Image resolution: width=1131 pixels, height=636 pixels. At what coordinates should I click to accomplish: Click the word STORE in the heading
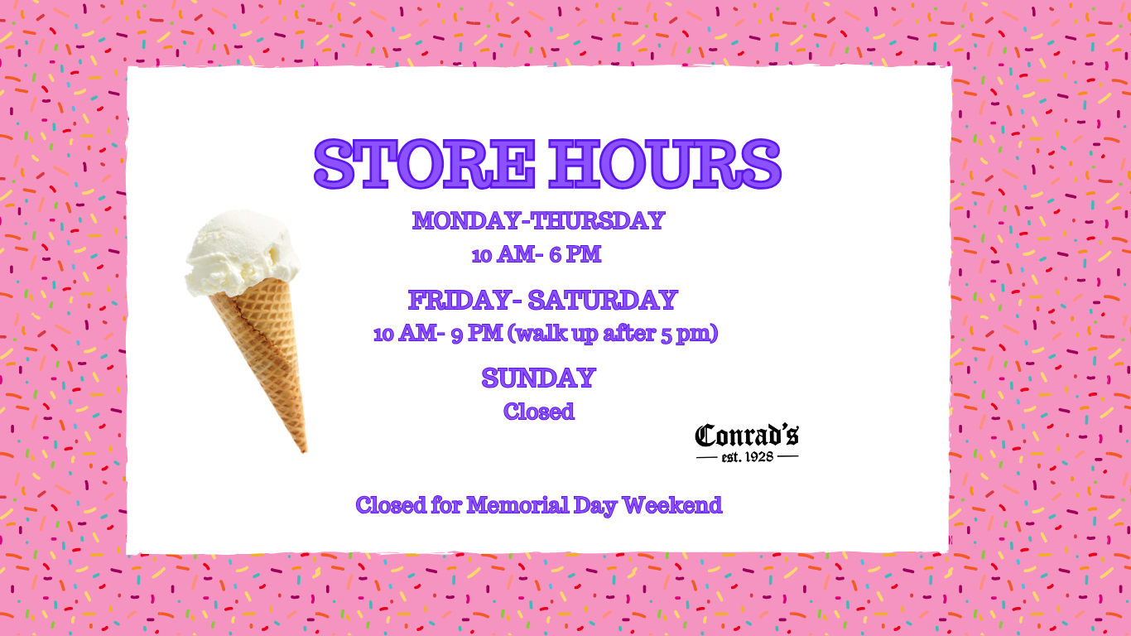(425, 164)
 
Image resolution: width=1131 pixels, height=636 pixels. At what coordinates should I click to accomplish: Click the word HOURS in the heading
(666, 164)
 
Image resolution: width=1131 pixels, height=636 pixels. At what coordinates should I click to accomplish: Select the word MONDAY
(466, 221)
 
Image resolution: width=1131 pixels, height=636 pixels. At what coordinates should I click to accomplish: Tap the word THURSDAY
(598, 221)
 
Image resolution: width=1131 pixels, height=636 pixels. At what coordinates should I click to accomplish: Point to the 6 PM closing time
(575, 254)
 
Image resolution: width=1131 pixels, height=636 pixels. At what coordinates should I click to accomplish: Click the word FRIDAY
(460, 300)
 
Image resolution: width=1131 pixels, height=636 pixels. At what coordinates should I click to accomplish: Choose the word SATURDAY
(603, 300)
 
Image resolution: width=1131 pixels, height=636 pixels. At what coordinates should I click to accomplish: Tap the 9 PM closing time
(477, 334)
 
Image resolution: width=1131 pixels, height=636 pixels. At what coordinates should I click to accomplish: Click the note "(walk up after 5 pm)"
(613, 334)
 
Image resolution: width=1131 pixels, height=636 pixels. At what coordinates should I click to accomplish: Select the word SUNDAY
(539, 378)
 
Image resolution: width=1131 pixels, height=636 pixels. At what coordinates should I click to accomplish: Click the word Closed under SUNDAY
(539, 412)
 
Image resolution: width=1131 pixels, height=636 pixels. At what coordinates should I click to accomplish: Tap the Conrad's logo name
(747, 436)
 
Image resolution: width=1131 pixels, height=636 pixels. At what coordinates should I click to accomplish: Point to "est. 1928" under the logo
(748, 456)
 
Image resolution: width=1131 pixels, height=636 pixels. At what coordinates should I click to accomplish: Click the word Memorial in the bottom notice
(517, 504)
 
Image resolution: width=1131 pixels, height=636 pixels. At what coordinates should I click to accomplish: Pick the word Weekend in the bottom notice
(672, 504)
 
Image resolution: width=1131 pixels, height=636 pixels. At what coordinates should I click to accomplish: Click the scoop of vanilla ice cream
(243, 253)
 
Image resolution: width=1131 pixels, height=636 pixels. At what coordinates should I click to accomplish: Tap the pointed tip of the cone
(304, 451)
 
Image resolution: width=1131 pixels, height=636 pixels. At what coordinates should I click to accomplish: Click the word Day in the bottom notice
(594, 506)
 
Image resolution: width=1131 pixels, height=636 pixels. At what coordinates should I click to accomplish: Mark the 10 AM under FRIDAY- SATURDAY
(405, 334)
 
